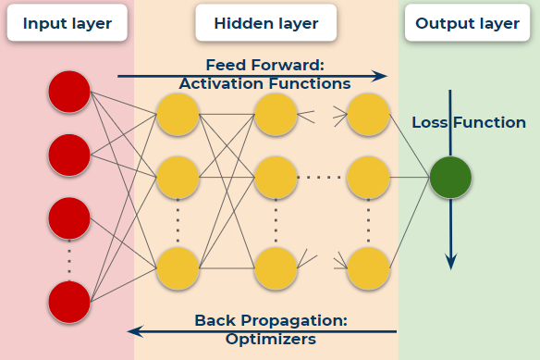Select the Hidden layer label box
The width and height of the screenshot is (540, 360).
[x=266, y=22]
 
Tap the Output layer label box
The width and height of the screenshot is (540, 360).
[x=468, y=22]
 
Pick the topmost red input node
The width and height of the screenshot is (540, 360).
[x=69, y=92]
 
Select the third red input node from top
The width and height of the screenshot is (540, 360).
[x=69, y=218]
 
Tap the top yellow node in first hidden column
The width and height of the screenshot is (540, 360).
[x=178, y=115]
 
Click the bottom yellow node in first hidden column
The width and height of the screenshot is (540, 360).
[x=178, y=268]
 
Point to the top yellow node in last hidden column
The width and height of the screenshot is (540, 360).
[x=368, y=115]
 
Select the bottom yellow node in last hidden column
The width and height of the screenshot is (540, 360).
[x=368, y=268]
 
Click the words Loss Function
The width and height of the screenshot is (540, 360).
[x=469, y=122]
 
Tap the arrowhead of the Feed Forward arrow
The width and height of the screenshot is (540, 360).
[x=380, y=77]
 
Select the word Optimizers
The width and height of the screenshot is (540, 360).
[x=270, y=340]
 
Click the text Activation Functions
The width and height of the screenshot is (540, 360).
[x=264, y=83]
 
